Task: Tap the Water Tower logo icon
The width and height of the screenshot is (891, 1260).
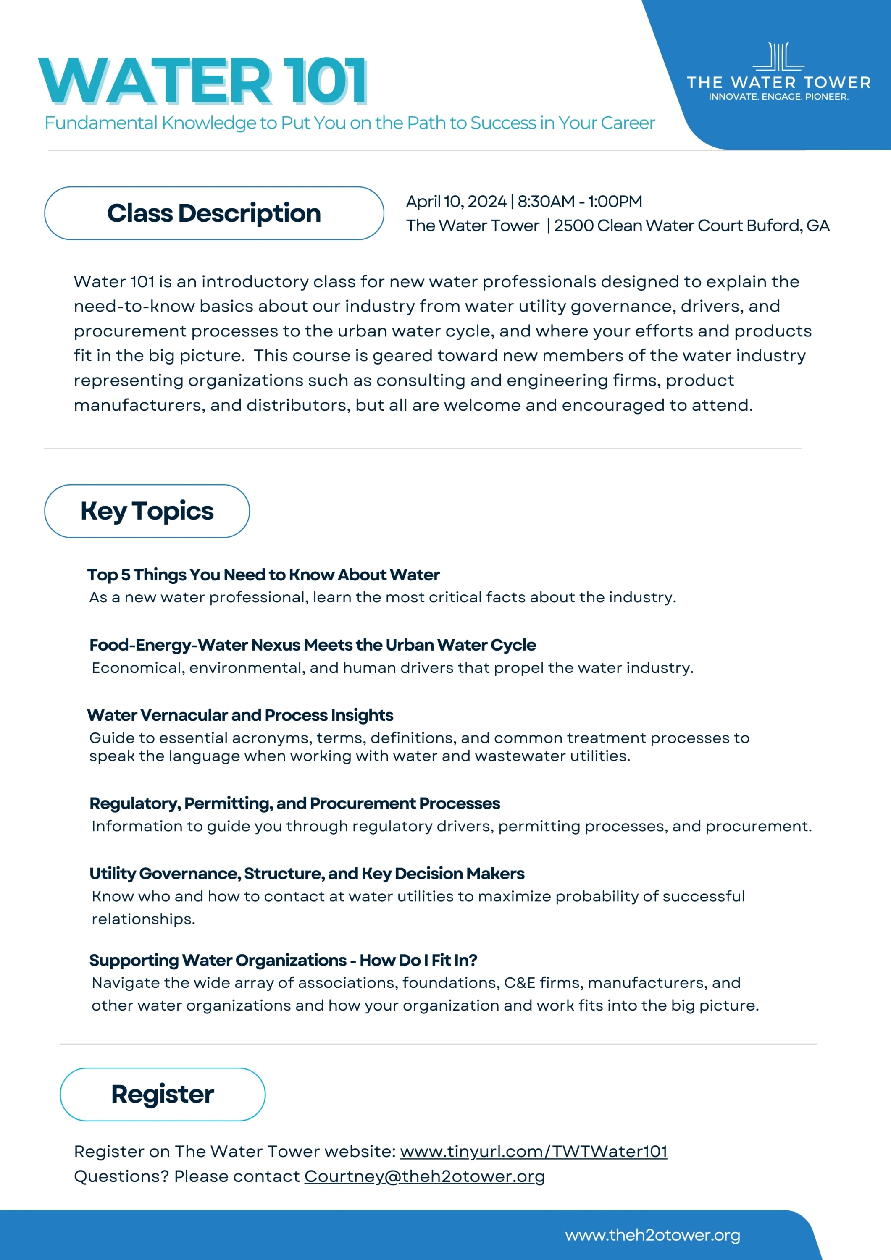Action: [778, 57]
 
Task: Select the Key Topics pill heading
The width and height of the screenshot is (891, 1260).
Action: [147, 511]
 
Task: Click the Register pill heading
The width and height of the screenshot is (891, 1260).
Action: [163, 1094]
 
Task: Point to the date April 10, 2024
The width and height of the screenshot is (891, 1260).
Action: [456, 202]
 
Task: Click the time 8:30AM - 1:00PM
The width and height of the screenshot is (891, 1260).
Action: [580, 202]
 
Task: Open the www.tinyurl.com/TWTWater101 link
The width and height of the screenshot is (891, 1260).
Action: [533, 1151]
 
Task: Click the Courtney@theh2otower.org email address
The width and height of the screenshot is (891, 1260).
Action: [424, 1176]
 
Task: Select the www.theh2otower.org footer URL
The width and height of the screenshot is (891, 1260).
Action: [652, 1235]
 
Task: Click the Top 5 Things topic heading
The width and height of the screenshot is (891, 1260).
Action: [263, 575]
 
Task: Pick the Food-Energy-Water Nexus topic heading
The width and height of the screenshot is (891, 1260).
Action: [313, 645]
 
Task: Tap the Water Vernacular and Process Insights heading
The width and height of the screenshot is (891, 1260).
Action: [240, 715]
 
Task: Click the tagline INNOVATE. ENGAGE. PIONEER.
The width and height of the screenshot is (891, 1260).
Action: [778, 97]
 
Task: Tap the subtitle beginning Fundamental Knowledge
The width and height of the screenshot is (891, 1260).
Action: [350, 123]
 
